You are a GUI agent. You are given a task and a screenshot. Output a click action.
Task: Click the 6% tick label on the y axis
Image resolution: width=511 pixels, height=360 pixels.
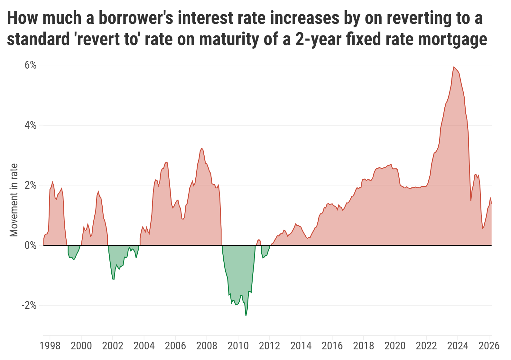[x=30, y=65]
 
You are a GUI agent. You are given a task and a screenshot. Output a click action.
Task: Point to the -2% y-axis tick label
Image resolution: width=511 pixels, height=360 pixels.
[x=29, y=305]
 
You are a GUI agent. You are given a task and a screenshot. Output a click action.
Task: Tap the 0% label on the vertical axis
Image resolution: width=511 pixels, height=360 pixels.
[x=30, y=245]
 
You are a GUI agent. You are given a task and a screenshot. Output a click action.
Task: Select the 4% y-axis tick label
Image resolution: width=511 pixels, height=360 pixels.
[x=30, y=125]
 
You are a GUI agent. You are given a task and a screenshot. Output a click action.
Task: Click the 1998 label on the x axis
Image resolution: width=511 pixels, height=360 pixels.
[x=50, y=346]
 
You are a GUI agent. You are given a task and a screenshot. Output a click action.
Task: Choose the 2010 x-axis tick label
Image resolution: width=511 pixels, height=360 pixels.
[x=238, y=346]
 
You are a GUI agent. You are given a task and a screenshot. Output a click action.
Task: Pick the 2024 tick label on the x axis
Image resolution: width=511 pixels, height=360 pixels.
[x=458, y=346]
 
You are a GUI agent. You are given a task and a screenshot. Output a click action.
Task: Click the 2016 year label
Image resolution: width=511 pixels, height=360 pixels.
[x=332, y=346]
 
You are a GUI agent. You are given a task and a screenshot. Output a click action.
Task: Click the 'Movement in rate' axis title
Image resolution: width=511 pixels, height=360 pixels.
[x=14, y=200]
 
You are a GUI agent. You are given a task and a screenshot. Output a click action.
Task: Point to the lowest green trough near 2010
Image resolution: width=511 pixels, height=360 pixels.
[x=246, y=315]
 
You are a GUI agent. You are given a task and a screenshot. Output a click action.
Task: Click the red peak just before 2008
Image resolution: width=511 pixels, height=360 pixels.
[x=201, y=148]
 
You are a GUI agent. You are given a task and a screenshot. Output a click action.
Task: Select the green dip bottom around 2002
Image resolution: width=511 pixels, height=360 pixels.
[x=113, y=279]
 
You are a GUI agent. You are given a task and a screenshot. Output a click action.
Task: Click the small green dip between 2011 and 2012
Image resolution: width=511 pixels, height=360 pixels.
[x=263, y=258]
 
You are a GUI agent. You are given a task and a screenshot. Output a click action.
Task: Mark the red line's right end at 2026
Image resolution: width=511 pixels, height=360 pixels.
[x=491, y=204]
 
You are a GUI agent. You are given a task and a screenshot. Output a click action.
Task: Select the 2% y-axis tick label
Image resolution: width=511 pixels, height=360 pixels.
[x=30, y=185]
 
